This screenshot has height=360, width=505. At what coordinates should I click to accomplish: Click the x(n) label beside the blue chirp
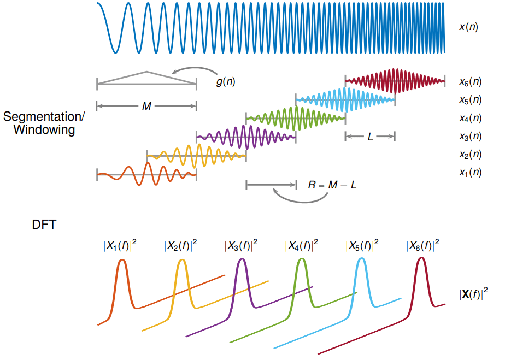[468, 26]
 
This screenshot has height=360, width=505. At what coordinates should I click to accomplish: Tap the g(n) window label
[226, 81]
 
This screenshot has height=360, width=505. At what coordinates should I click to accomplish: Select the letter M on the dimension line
[146, 107]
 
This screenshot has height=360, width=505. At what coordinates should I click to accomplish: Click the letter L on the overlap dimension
[370, 137]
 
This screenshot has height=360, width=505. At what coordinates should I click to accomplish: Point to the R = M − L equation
[333, 185]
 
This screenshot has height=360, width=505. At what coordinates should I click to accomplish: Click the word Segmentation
[44, 117]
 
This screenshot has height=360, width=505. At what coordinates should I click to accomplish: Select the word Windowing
[44, 130]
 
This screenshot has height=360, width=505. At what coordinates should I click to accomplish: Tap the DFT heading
[44, 225]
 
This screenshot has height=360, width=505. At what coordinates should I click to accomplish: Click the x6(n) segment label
[470, 82]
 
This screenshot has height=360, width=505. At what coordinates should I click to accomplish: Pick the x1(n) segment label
[470, 172]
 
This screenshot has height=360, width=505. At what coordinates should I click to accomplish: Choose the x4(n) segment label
[470, 118]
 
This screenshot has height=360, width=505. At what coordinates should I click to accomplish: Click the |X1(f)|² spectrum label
[119, 246]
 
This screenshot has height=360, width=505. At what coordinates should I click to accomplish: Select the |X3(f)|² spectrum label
[240, 246]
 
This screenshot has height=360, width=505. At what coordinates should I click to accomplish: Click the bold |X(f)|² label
[473, 294]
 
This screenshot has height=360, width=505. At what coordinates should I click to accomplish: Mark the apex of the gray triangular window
[146, 72]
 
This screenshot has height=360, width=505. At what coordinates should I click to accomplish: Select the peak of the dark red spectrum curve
[421, 258]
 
